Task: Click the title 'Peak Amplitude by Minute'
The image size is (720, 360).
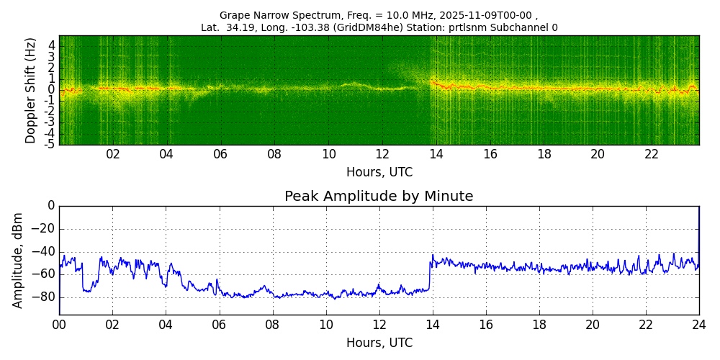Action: click(379, 197)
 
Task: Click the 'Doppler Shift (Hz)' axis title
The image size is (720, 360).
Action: click(31, 91)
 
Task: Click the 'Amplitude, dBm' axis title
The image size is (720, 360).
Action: click(19, 260)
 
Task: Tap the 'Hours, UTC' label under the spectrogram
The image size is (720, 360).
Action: click(379, 173)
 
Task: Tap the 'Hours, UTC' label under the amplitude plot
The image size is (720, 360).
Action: click(379, 343)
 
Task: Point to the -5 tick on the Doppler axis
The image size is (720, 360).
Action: click(50, 144)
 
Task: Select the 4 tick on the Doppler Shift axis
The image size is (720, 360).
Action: click(52, 45)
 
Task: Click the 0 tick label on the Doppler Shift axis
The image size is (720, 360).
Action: click(52, 90)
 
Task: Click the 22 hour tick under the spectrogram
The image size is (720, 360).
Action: click(652, 155)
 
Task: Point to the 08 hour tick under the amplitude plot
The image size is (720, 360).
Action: click(272, 325)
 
